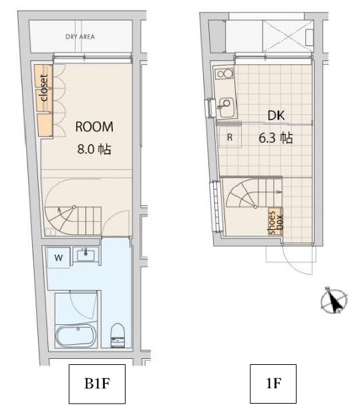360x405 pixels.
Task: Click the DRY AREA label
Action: (x=80, y=37)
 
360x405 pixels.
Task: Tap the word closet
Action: (x=44, y=88)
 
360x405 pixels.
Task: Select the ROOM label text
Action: (x=94, y=127)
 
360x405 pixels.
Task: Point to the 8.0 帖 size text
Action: (x=94, y=149)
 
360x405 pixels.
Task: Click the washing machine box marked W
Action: (x=58, y=257)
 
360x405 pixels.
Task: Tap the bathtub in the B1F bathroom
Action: (x=76, y=336)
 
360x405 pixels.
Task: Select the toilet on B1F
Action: (x=118, y=335)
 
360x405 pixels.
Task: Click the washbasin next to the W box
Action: (x=85, y=255)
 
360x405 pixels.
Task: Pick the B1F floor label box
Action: (x=97, y=384)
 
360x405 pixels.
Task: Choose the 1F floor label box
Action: (x=273, y=384)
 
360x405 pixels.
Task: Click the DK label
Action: (x=276, y=116)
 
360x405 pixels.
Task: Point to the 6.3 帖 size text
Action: (x=276, y=138)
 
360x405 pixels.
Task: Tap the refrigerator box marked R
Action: (x=230, y=137)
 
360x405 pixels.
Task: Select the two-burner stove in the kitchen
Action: (x=225, y=74)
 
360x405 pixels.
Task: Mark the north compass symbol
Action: (x=334, y=300)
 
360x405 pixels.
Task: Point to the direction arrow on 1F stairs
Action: (x=278, y=192)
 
